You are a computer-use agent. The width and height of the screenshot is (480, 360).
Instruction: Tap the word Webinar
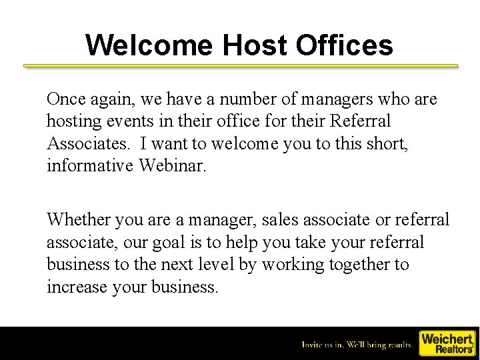click(x=173, y=165)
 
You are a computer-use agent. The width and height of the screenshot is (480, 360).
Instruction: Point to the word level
click(x=213, y=264)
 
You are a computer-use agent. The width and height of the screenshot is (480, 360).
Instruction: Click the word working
click(x=287, y=264)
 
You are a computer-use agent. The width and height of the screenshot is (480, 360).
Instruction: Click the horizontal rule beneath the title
click(x=241, y=66)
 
